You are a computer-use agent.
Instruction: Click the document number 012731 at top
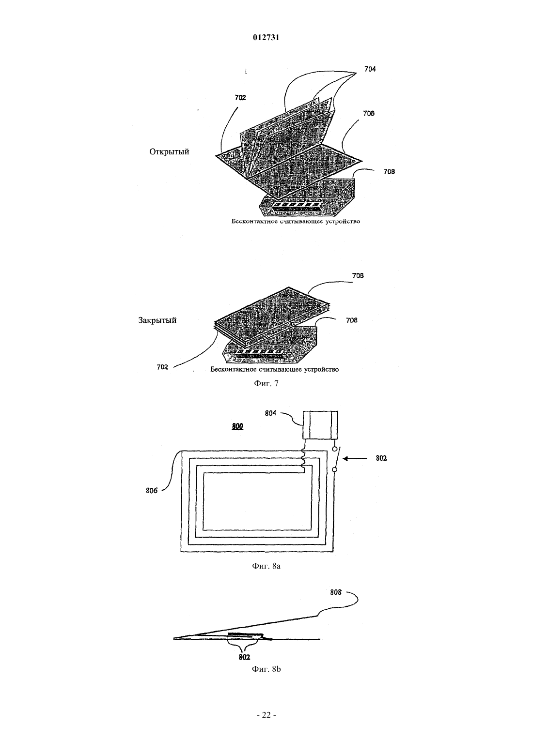point(266,38)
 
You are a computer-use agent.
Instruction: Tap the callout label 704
point(370,69)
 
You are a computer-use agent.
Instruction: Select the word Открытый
point(169,151)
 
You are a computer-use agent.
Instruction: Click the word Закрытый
point(157,320)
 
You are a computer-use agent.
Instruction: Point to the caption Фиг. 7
point(266,384)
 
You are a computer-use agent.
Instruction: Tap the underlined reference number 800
point(237,427)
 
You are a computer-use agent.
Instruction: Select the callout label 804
point(270,413)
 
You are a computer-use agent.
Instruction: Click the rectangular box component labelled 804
point(320,425)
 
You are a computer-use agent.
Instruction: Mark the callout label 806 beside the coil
point(152,491)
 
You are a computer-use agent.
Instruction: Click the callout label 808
point(336,592)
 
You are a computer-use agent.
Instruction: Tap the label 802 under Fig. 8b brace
point(244,657)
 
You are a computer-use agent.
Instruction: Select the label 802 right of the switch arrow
point(381,458)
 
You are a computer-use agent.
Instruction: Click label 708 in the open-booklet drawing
point(389,172)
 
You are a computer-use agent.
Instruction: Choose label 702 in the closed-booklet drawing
point(162,367)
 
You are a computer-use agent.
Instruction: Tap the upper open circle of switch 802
point(334,449)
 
